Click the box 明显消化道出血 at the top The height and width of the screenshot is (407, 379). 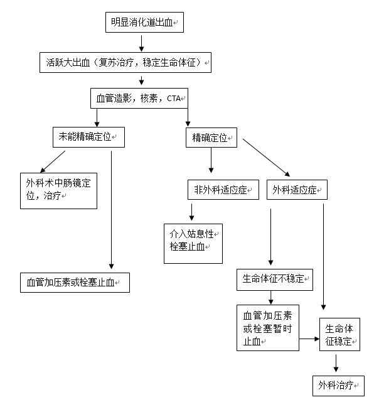144,23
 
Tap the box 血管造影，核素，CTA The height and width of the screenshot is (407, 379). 138,99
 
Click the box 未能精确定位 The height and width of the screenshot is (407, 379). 88,137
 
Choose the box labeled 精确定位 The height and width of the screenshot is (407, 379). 211,138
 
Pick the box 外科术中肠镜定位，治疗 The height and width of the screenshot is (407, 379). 58,190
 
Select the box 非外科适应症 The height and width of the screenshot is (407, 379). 223,190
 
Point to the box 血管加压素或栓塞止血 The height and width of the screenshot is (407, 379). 74,282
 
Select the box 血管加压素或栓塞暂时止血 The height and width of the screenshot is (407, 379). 267,327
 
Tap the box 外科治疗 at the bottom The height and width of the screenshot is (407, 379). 338,385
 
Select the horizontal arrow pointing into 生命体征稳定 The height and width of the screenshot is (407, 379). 307,339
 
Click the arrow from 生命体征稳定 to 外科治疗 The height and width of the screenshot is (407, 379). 336,363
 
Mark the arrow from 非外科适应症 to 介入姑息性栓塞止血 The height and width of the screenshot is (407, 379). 190,210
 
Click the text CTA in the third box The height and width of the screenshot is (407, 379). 173,99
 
